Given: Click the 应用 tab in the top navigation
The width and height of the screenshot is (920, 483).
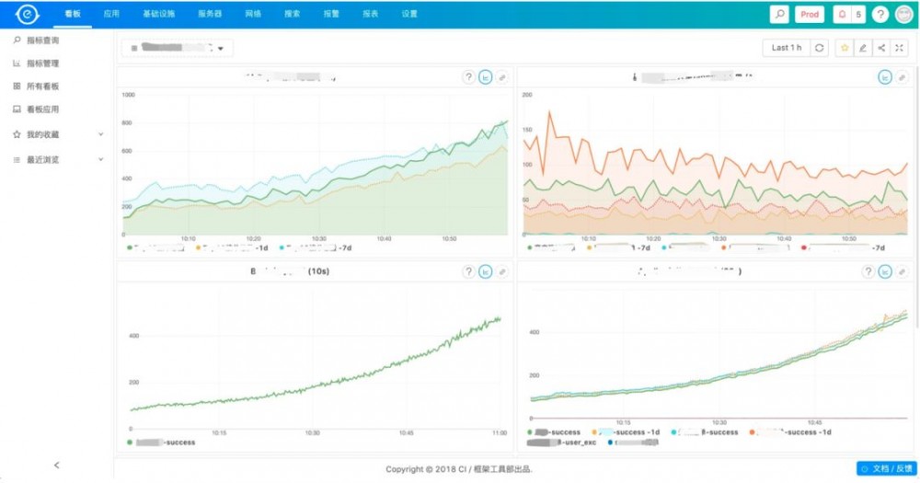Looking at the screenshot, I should click(111, 15).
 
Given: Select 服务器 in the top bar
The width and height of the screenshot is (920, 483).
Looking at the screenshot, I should click(210, 15).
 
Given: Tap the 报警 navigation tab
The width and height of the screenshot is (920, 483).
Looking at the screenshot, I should click(331, 15).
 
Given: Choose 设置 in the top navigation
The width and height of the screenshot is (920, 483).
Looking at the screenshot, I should click(409, 15).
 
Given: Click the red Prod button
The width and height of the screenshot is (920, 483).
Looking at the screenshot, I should click(810, 15).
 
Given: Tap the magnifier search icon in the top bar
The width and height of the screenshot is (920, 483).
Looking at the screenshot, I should click(779, 15).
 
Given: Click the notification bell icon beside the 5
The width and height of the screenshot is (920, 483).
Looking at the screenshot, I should click(841, 15).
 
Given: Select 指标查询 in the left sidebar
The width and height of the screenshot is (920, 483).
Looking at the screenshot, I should click(42, 41).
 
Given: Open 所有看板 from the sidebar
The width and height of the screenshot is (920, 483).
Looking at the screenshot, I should click(42, 86).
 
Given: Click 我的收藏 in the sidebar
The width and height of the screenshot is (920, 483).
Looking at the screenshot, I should click(42, 134).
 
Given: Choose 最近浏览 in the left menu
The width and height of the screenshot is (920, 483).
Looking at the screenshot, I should click(42, 160).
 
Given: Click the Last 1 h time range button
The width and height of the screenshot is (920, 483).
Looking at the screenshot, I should click(786, 48).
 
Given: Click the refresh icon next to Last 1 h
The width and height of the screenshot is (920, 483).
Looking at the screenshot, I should click(819, 48).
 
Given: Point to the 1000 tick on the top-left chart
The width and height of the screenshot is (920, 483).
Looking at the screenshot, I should click(128, 95).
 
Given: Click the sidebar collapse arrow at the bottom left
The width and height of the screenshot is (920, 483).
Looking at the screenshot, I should click(57, 466).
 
